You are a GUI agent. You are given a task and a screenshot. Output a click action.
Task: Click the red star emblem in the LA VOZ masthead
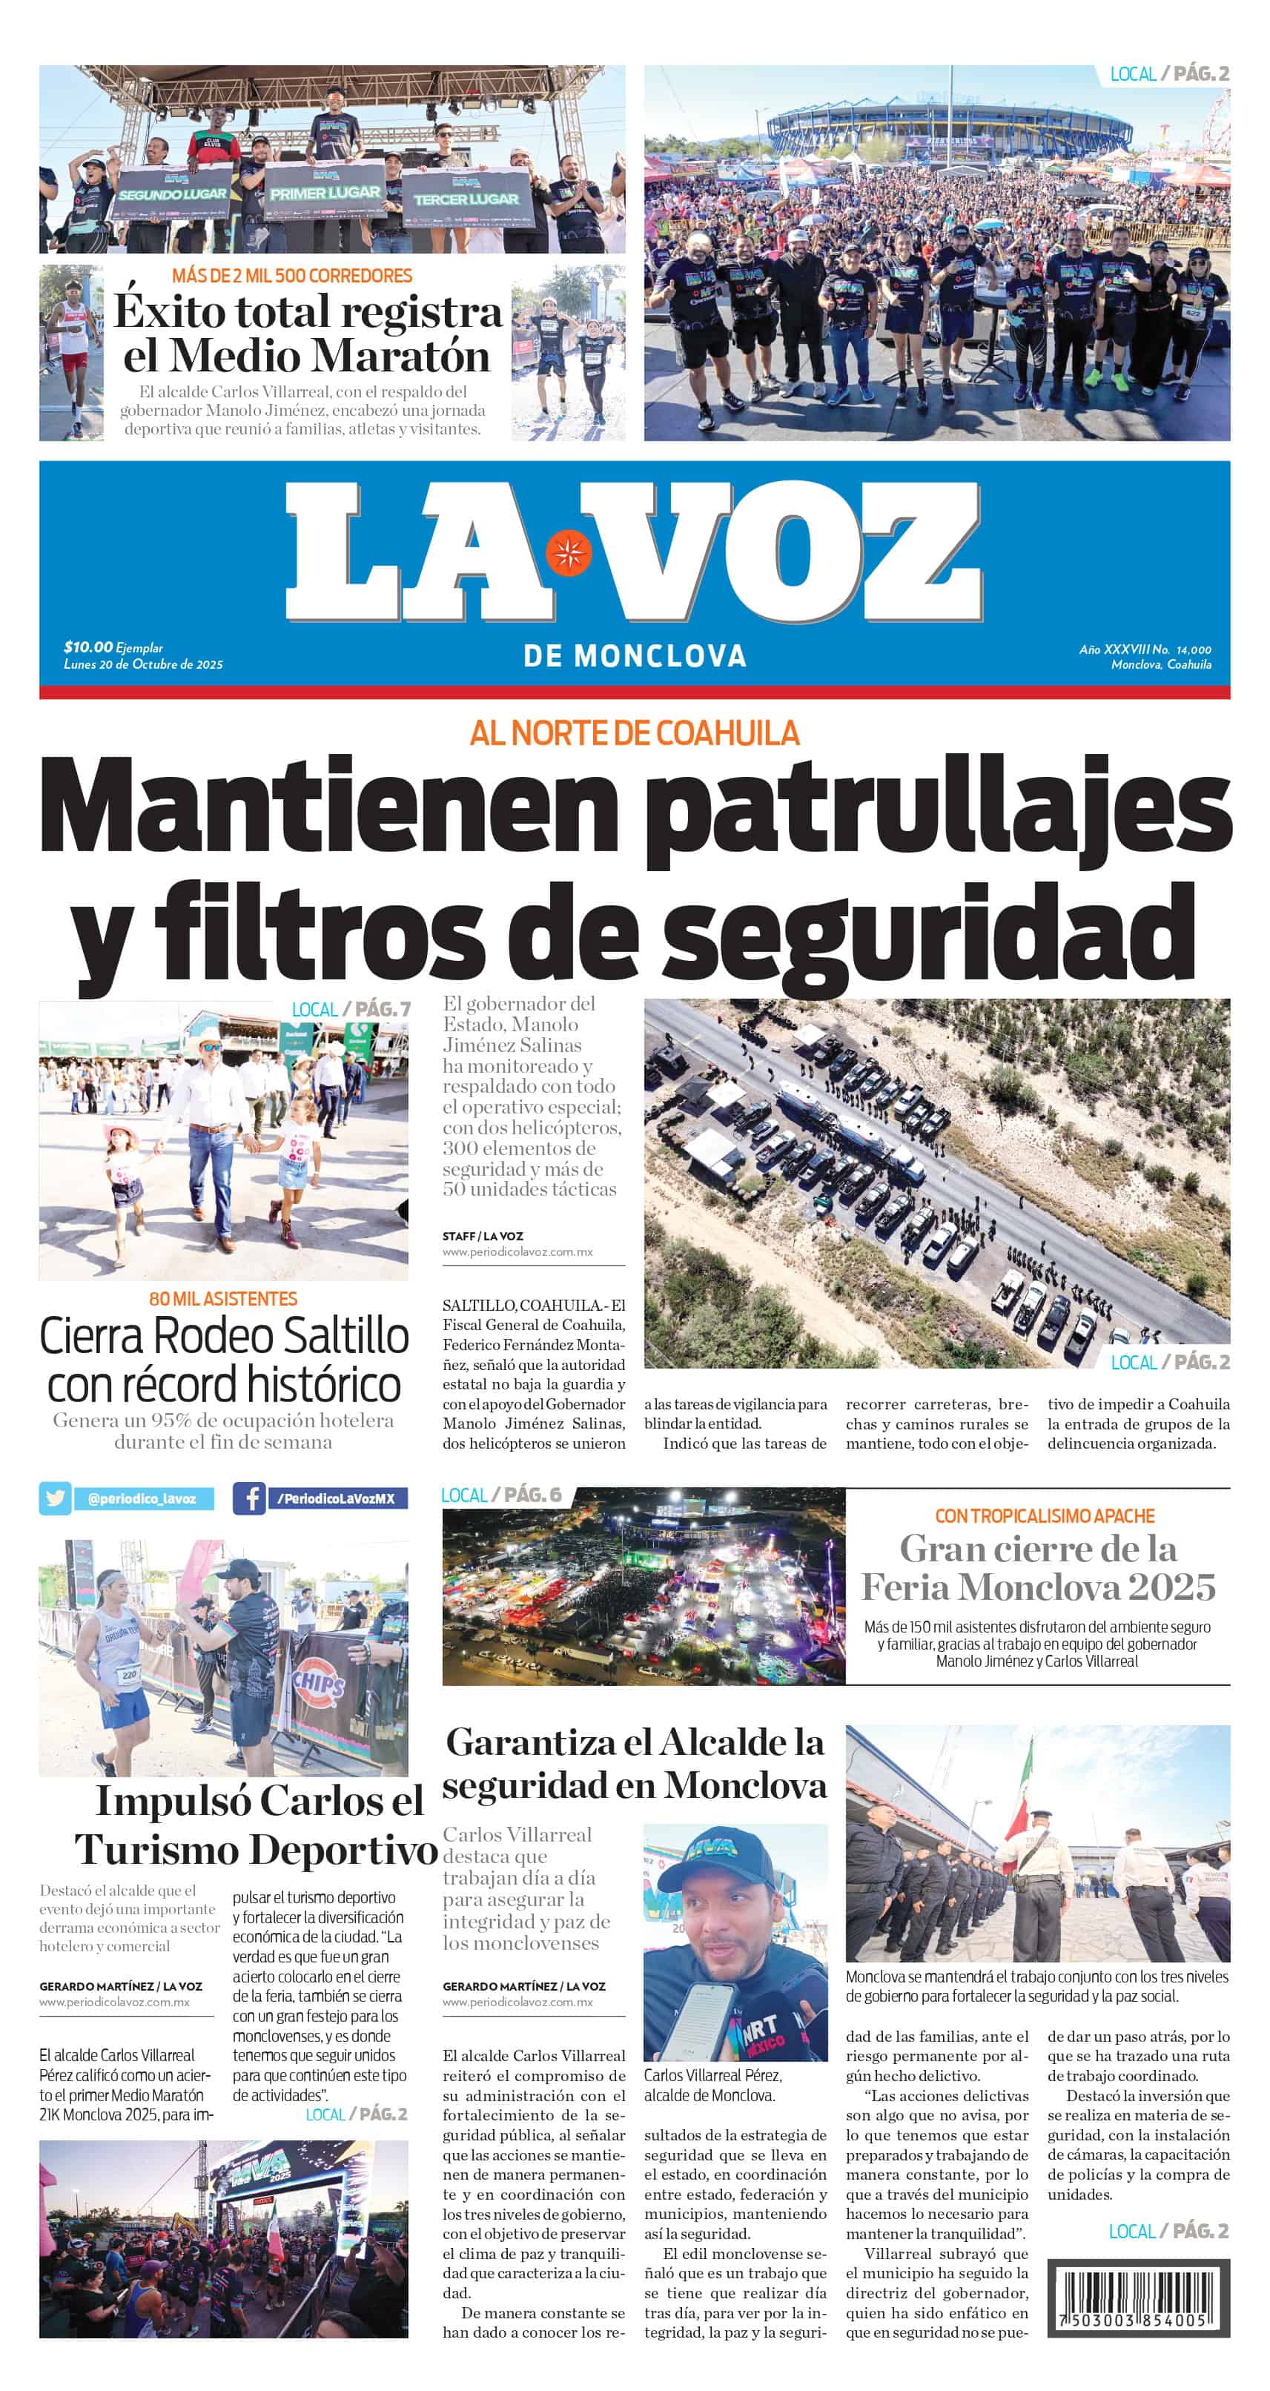point(567,553)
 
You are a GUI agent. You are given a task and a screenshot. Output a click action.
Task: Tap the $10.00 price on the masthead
point(88,647)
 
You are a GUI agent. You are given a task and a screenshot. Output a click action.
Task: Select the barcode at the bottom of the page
point(1138,2298)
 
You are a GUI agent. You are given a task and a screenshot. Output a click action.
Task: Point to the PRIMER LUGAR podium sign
point(324,192)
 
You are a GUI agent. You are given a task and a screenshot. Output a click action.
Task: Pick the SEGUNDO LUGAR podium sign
point(172,194)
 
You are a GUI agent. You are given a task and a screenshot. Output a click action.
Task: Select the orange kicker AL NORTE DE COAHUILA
point(634,733)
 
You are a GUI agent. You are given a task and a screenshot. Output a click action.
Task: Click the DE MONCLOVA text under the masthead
point(634,656)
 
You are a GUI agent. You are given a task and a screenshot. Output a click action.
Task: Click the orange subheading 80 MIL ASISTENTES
point(223,1298)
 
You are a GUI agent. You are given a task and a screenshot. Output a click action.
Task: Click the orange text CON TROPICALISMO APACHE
point(1045,1515)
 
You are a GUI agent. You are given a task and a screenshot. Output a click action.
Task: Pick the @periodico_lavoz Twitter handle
point(141,1498)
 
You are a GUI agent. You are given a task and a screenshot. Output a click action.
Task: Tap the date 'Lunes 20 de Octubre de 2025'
point(143,664)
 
